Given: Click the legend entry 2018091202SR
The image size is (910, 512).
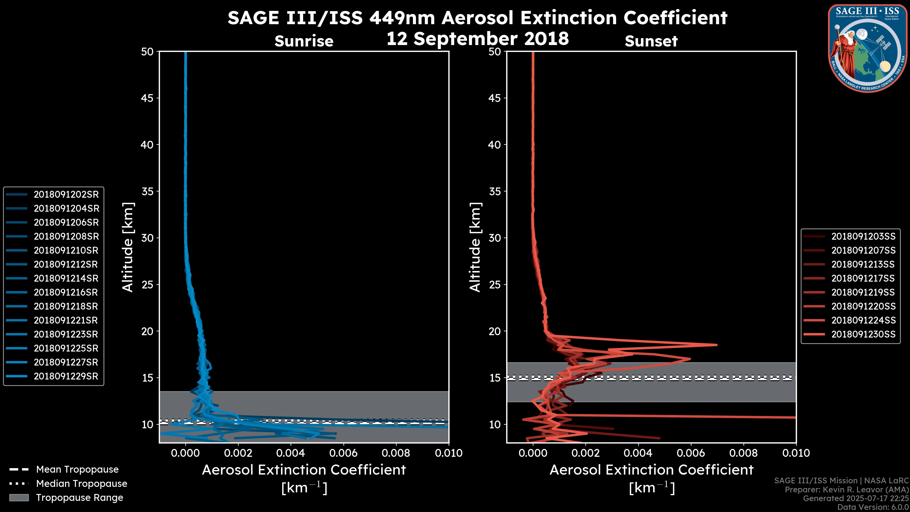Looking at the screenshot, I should tap(66, 194).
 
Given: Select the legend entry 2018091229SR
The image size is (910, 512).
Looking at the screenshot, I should tap(66, 376).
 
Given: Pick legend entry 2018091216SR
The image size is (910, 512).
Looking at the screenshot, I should tap(66, 292).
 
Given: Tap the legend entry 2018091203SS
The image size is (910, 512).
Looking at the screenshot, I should tap(863, 236).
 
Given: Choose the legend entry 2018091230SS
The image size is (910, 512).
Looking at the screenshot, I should tap(863, 334).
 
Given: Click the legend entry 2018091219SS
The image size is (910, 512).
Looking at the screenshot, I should tap(863, 292).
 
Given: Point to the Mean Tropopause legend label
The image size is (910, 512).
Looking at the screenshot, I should tap(77, 470).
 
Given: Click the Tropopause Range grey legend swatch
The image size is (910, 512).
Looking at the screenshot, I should tap(19, 498).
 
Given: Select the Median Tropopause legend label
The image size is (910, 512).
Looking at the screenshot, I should tap(82, 483).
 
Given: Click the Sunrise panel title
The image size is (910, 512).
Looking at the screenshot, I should tap(304, 41).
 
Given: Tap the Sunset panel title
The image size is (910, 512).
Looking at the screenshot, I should tap(651, 41).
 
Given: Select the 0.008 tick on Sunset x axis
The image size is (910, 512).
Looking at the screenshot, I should tap(744, 453).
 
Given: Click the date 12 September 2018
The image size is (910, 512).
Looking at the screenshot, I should tap(478, 38).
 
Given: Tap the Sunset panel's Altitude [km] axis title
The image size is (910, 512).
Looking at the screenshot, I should tap(475, 247).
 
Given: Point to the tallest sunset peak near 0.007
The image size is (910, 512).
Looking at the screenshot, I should tap(716, 345).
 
